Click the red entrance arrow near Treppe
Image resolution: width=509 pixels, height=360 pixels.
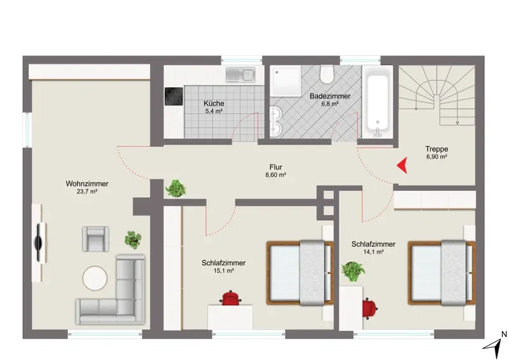coord(403,165)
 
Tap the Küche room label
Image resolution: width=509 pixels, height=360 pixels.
coord(214,103)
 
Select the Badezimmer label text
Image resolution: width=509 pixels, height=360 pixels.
coord(330,96)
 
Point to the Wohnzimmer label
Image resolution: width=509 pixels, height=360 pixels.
coord(87,184)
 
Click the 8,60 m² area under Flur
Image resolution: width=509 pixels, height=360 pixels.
coord(275,175)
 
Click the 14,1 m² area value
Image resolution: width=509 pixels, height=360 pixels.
coord(373,252)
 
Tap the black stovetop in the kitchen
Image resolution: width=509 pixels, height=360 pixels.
coord(174,97)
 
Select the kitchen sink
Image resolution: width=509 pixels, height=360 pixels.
coord(241,74)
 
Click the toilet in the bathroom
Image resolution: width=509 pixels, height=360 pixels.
coord(326,74)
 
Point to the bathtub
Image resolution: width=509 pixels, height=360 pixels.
coord(377,102)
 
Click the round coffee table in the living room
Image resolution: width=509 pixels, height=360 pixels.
coord(95,278)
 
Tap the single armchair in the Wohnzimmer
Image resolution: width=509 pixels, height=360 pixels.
coord(95,239)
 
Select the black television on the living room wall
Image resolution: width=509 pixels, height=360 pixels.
coord(41,242)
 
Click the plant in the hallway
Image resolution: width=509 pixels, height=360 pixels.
coord(176,188)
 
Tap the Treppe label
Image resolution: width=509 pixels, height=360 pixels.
coord(436,149)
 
